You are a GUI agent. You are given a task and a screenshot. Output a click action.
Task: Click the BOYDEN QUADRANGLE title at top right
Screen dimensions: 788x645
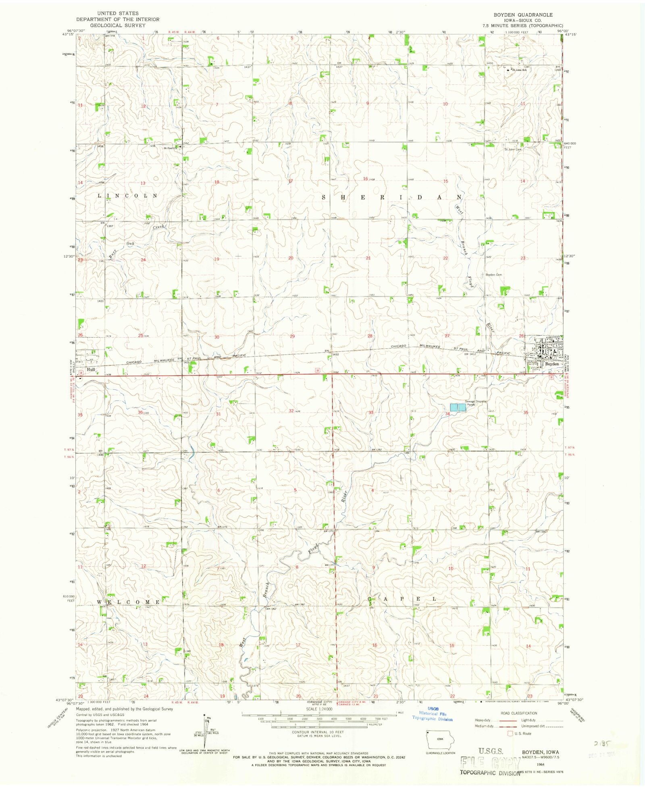[523, 15]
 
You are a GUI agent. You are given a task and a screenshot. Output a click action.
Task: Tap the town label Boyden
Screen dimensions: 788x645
[552, 364]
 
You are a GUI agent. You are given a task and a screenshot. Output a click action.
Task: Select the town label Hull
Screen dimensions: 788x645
[91, 369]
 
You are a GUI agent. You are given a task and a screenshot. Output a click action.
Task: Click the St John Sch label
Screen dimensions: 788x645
[519, 70]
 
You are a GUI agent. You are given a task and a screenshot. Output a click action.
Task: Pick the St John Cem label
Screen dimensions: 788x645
[513, 149]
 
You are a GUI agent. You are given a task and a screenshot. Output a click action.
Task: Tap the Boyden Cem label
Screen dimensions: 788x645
[493, 275]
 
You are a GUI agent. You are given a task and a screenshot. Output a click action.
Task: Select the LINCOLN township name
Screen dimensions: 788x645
[127, 196]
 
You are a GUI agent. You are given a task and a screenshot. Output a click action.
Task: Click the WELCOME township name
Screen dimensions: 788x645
[129, 602]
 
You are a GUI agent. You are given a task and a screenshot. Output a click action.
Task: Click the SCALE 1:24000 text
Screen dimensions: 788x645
[319, 709]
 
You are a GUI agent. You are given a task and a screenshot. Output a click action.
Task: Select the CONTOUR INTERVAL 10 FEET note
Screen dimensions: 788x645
[318, 732]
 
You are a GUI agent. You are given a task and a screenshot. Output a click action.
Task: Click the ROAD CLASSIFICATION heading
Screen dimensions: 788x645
[519, 713]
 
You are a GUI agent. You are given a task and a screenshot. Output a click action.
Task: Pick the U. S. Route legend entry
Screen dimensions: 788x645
[523, 734]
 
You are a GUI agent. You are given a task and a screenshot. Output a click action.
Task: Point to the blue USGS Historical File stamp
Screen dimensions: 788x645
[432, 714]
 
